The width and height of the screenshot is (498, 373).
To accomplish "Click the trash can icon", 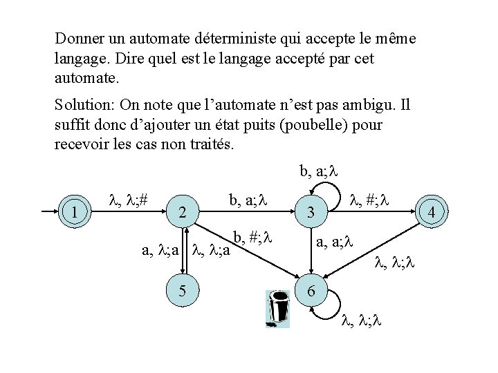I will pyautogui.click(x=278, y=309).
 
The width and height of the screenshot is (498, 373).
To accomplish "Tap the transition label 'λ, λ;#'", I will pyautogui.click(x=128, y=201).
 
